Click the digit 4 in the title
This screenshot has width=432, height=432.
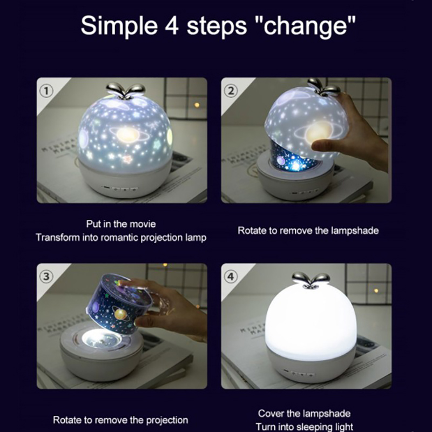[x=171, y=25]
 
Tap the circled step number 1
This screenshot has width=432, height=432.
[x=46, y=91]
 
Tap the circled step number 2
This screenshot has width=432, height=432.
[x=231, y=91]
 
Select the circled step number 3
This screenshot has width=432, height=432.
[x=46, y=276]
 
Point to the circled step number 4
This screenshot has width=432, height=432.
[x=231, y=276]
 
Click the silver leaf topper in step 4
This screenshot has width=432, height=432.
[x=311, y=280]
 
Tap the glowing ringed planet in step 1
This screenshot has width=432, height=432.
[x=128, y=134]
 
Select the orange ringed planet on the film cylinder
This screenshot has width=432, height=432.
[x=121, y=314]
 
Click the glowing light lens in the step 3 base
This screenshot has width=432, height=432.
[x=102, y=339]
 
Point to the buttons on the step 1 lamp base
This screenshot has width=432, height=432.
[x=120, y=189]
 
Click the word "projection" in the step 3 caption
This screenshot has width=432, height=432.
[x=167, y=421]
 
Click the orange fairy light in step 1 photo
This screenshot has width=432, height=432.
[x=197, y=105]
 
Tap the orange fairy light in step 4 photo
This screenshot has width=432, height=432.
[x=376, y=291]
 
